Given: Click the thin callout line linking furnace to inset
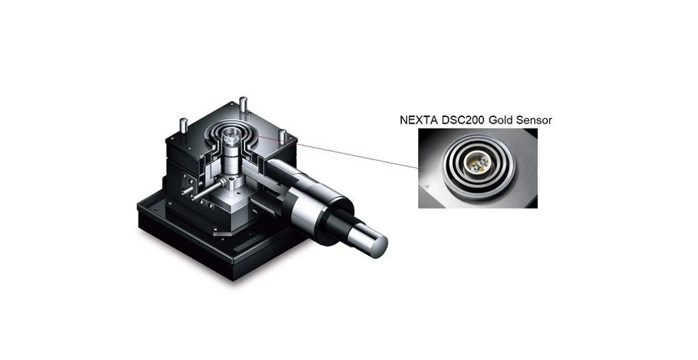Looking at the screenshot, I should coord(354,152).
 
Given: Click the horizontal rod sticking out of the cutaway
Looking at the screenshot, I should coord(206,191).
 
